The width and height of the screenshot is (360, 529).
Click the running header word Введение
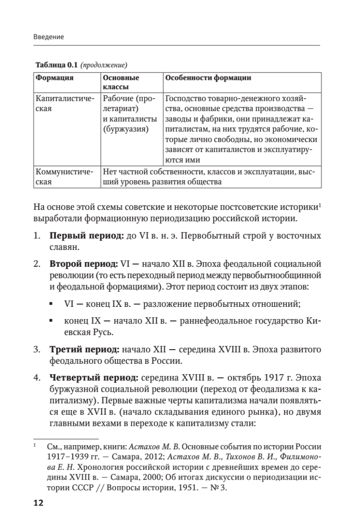[x=48, y=37]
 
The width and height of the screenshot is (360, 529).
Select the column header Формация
[x=55, y=78]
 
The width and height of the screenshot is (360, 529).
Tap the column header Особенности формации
[x=207, y=78]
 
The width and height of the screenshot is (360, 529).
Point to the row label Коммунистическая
[x=64, y=177]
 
